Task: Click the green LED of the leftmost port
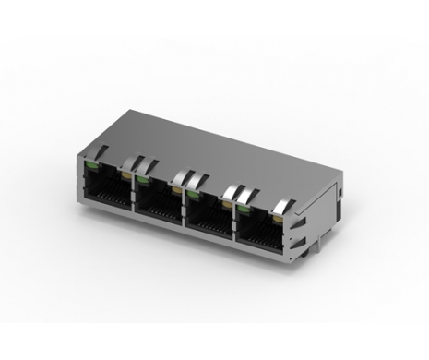pos(90,164)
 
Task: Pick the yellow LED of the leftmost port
pos(124,173)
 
